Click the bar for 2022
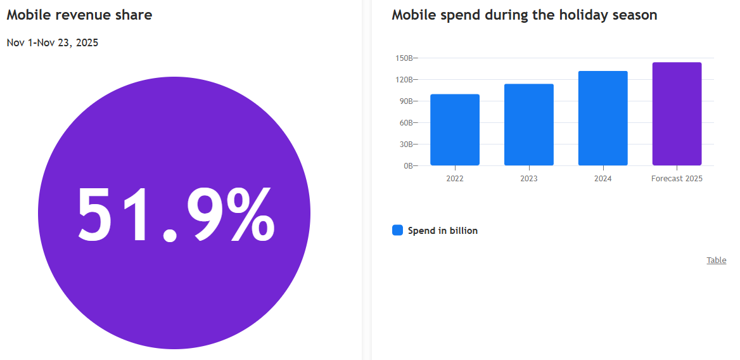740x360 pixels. point(454,130)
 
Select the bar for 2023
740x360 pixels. point(528,125)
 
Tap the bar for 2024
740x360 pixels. point(603,119)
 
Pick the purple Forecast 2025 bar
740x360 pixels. point(677,114)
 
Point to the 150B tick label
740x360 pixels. point(404,58)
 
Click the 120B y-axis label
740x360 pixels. point(404,80)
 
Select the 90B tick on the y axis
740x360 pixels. point(405,101)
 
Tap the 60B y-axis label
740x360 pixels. point(405,123)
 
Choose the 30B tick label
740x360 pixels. point(405,145)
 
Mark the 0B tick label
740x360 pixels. point(407,166)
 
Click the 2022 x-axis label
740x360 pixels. point(454,179)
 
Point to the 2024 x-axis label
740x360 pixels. point(603,179)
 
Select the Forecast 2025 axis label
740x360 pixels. point(677,179)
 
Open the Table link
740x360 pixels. point(717,260)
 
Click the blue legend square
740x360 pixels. point(397,231)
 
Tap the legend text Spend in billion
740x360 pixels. point(442,231)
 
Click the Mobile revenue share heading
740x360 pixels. point(79,15)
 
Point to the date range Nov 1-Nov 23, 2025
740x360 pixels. point(53,43)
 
